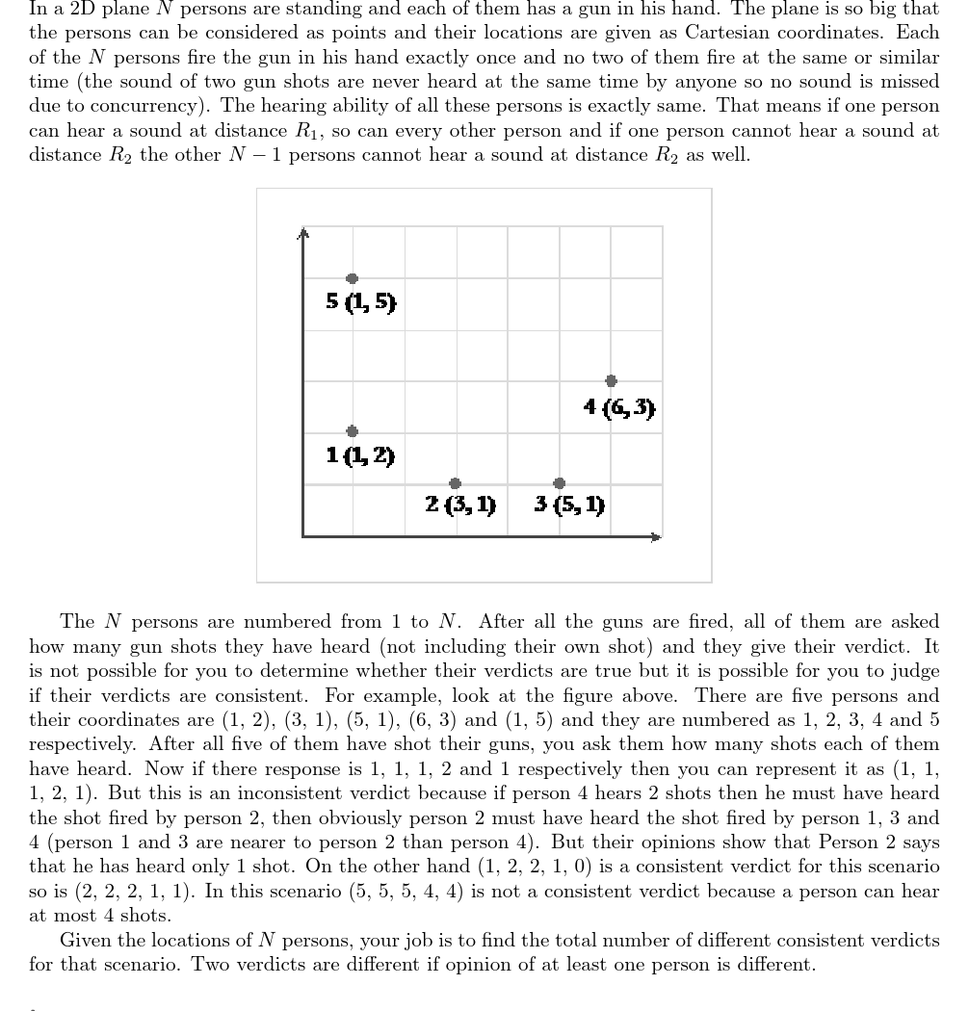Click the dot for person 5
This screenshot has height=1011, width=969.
(352, 278)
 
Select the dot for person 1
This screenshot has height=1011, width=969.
(352, 431)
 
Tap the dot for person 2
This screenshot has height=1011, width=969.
(455, 483)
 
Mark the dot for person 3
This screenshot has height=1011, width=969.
(559, 483)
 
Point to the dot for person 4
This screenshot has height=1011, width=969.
(611, 381)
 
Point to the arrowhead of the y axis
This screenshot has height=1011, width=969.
(302, 233)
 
